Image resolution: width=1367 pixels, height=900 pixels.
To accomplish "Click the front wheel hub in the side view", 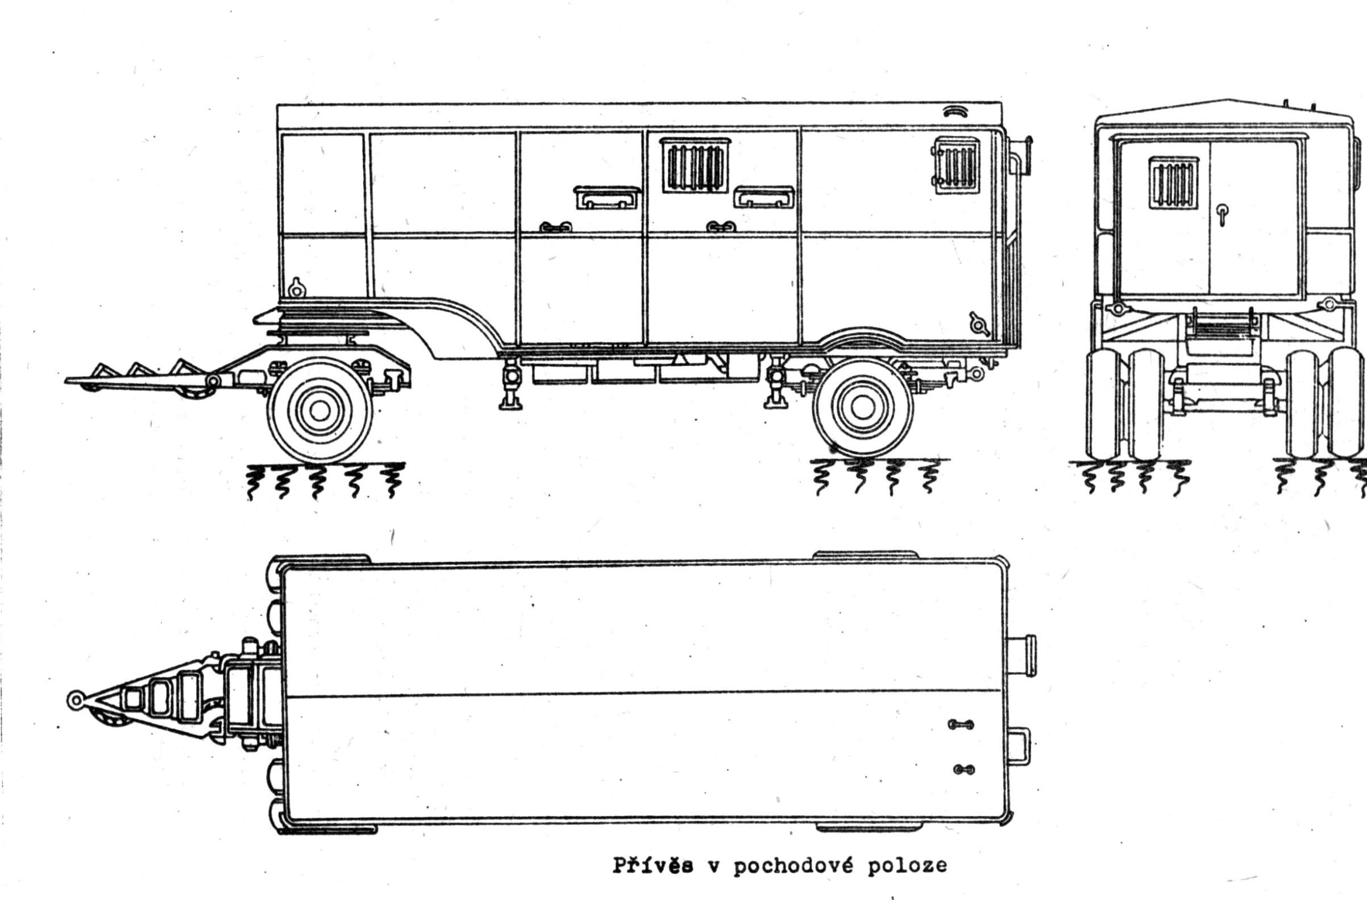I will [x=319, y=409].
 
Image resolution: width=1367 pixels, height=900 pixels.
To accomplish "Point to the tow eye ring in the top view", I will [x=74, y=699].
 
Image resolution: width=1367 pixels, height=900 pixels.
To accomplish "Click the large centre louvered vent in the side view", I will [x=695, y=165].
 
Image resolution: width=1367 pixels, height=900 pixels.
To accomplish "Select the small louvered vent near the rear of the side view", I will [x=955, y=165].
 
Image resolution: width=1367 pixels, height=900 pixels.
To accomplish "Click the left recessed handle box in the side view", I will [x=606, y=197].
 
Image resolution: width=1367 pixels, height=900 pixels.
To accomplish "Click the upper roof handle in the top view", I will [x=961, y=725].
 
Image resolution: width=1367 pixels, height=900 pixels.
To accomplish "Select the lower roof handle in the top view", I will [x=963, y=770].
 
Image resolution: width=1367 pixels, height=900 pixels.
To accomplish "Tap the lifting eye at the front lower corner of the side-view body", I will [x=296, y=288].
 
